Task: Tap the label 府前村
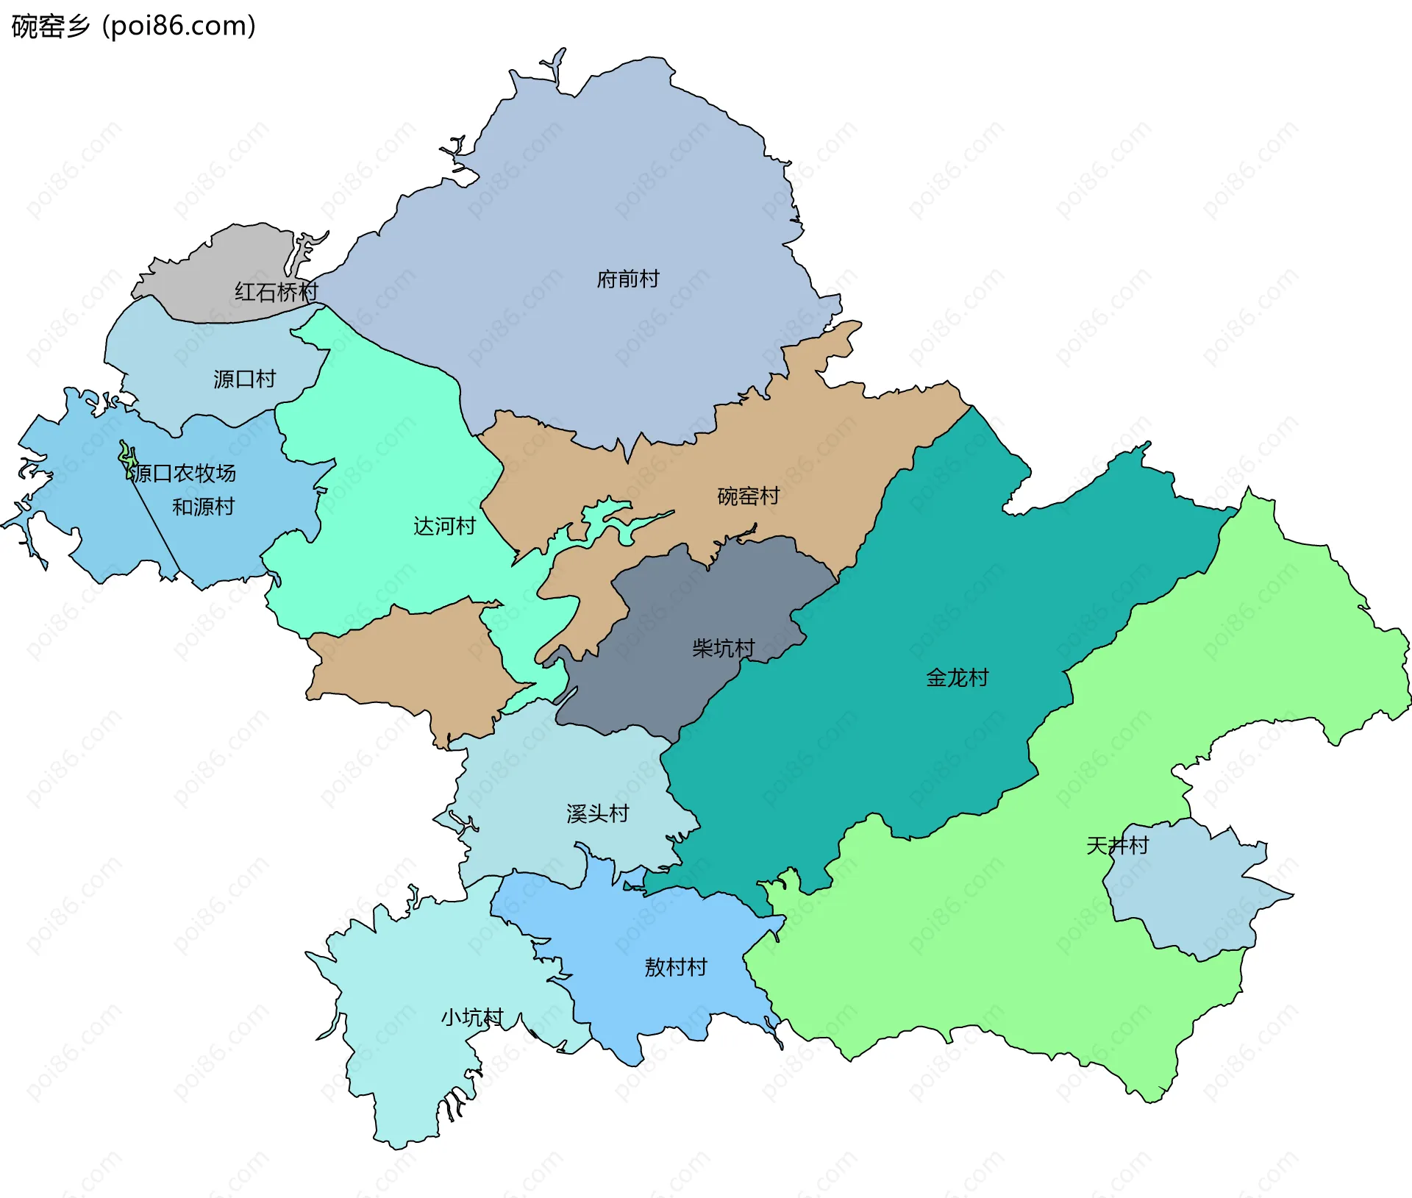coord(627,279)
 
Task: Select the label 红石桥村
coord(276,292)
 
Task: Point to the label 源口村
coord(244,379)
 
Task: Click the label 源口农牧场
coord(182,473)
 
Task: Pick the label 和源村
coord(203,507)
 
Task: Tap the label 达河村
coord(444,526)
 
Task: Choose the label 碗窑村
coord(748,496)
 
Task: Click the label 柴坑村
coord(723,648)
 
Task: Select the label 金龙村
coord(957,677)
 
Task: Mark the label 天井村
coord(1117,845)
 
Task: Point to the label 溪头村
coord(597,813)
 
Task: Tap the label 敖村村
coord(675,966)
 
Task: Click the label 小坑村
coord(471,1017)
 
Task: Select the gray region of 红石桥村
coord(221,265)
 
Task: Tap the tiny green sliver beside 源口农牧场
coord(126,457)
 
